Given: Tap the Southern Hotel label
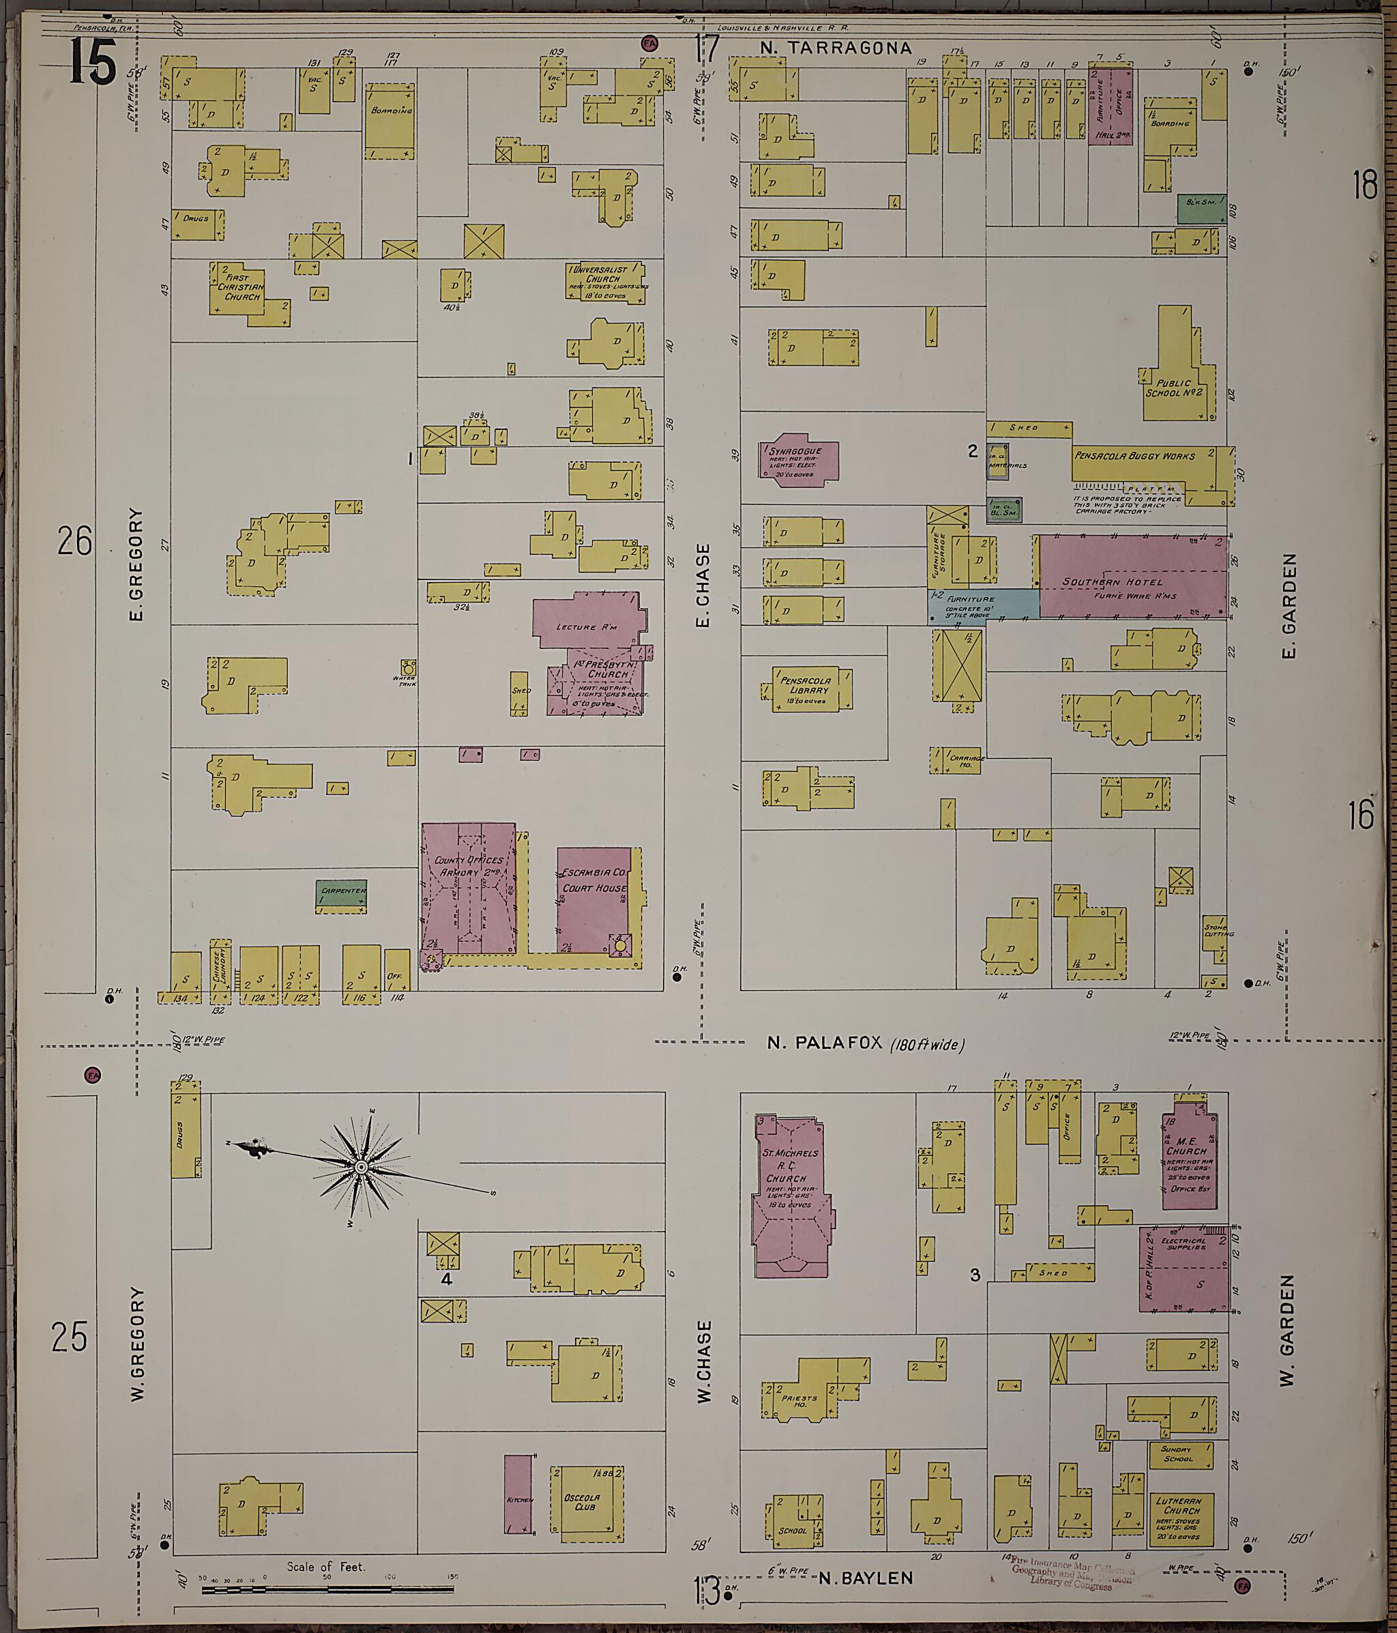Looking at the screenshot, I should tap(1101, 581).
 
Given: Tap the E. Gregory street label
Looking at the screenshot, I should tap(136, 564).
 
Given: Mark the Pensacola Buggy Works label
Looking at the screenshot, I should tap(1134, 456).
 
